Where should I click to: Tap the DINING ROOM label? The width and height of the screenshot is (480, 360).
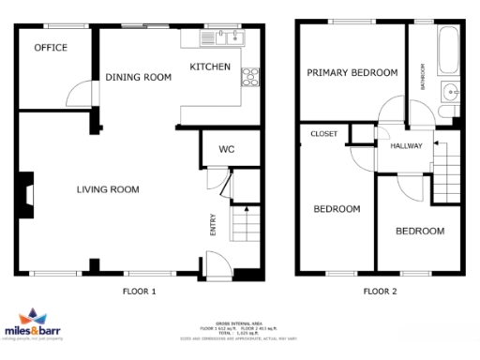138,78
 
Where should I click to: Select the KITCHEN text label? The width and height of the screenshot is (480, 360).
210,67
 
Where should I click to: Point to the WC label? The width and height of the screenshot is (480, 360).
226,149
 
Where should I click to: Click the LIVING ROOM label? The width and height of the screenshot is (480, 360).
108,189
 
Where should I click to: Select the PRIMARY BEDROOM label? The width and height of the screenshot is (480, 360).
352,72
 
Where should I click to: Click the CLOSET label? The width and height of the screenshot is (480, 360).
323,134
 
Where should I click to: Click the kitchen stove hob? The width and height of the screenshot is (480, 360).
250,79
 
